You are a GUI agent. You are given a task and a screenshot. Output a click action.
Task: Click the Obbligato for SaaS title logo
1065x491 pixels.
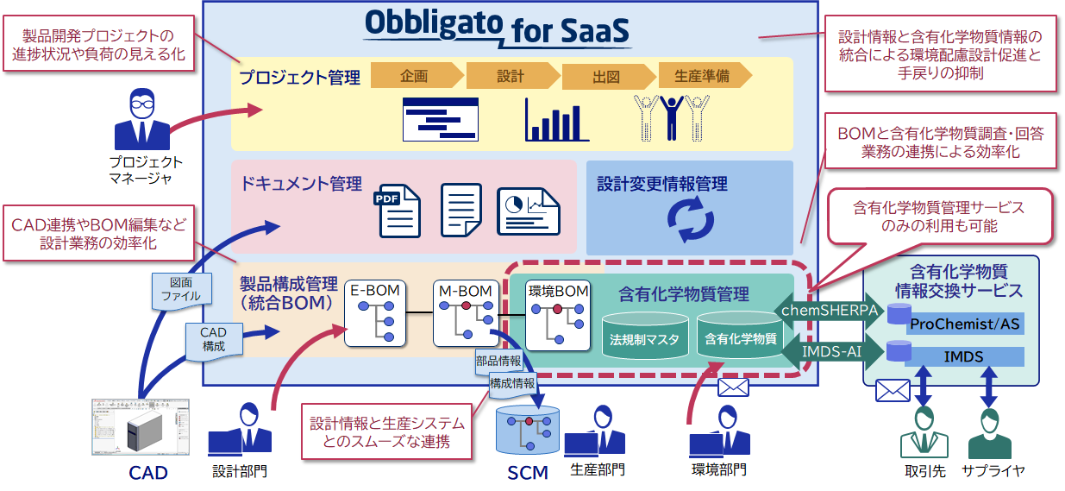coord(498,28)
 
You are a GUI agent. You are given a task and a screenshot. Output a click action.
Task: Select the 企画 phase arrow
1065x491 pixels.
coord(415,76)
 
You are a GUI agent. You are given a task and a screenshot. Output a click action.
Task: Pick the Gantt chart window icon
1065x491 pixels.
coord(440,119)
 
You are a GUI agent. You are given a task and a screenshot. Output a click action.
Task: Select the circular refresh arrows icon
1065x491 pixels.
coord(690,219)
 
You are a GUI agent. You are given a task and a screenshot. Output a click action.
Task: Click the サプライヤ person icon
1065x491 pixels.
coord(990,432)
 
